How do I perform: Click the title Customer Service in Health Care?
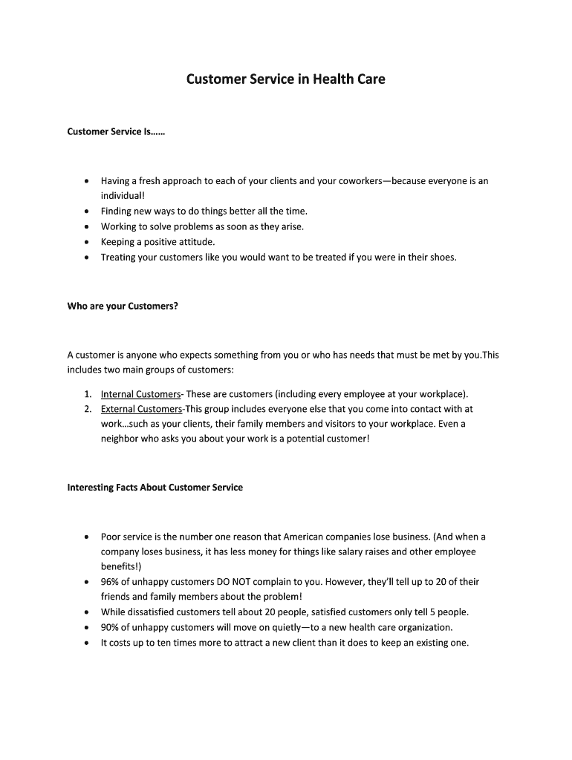point(285,79)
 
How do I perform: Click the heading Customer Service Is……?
point(116,132)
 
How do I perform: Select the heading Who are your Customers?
point(123,306)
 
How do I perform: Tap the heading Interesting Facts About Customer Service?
point(155,488)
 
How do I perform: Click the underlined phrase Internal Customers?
point(140,394)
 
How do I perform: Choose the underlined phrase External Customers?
point(141,409)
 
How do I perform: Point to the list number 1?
point(87,394)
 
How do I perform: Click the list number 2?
point(87,409)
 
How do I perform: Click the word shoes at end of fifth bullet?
point(442,257)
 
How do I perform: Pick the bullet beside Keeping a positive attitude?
point(87,242)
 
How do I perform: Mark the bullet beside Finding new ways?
point(87,212)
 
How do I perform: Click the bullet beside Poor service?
point(87,537)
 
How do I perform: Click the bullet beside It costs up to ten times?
point(87,643)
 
